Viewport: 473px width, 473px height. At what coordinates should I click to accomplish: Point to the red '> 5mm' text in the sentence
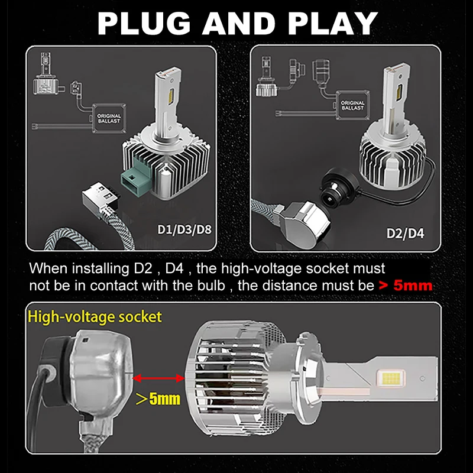point(406,286)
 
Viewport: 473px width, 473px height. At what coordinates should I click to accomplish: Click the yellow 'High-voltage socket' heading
point(94,316)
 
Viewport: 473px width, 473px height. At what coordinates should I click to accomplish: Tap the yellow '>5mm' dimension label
point(158,399)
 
